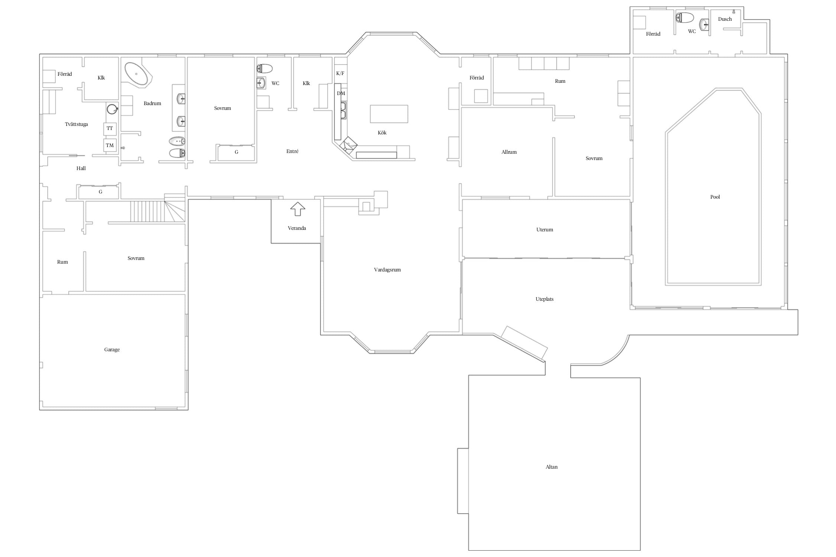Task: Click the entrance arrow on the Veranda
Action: coord(297,209)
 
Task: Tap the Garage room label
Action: coord(112,349)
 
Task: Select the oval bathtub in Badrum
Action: coord(136,74)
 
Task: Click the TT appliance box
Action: coord(110,128)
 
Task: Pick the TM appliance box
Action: coord(110,145)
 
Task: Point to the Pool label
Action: coord(715,197)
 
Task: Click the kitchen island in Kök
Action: coord(389,114)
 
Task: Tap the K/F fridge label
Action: coord(340,74)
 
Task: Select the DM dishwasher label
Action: coord(341,93)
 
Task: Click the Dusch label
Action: coord(725,19)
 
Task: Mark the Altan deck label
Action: coord(551,467)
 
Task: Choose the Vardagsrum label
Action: coord(387,270)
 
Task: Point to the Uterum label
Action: coord(545,229)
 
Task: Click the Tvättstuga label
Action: coord(76,124)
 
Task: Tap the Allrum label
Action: coord(509,152)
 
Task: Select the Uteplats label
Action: coord(544,299)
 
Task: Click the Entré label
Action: coord(292,151)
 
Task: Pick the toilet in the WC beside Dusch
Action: coord(684,17)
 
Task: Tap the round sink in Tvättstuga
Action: coord(112,109)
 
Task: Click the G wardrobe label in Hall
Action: coord(100,192)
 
